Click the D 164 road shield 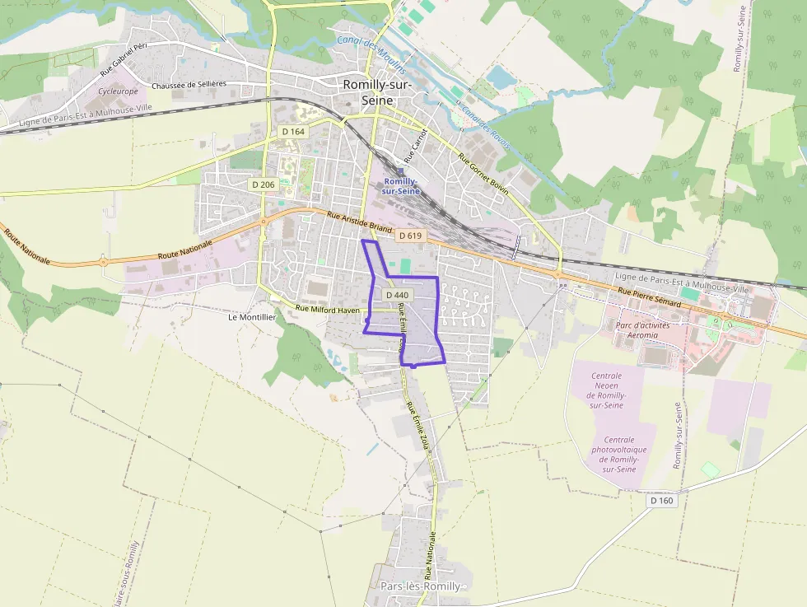293,132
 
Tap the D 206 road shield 263,184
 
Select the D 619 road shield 409,236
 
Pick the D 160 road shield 661,500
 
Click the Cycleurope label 118,91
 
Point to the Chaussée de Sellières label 189,85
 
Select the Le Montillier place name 252,316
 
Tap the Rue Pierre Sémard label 650,298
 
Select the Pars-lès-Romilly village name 420,586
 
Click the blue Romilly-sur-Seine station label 402,186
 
